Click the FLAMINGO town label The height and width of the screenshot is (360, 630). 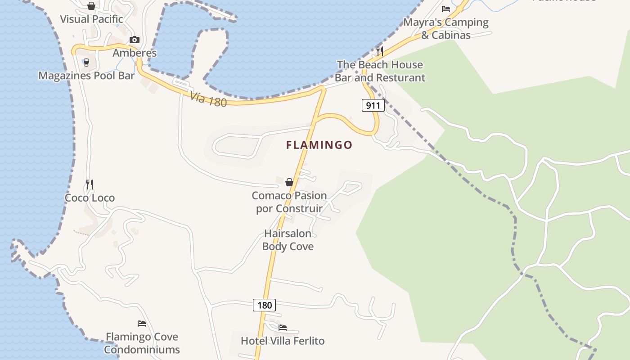pyautogui.click(x=319, y=145)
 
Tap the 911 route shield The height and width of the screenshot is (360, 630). pyautogui.click(x=373, y=106)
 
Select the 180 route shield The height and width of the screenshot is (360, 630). pyautogui.click(x=264, y=305)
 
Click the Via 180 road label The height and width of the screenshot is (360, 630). pyautogui.click(x=208, y=99)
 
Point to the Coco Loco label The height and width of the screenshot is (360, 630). pyautogui.click(x=90, y=198)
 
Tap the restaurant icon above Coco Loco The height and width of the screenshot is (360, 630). pyautogui.click(x=90, y=184)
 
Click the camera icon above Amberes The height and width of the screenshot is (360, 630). pyautogui.click(x=134, y=40)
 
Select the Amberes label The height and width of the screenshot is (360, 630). pyautogui.click(x=135, y=53)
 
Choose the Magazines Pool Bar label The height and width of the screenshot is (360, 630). pyautogui.click(x=86, y=76)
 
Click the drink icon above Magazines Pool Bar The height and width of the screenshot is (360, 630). pyautogui.click(x=86, y=62)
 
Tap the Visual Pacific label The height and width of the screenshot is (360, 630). pyautogui.click(x=91, y=19)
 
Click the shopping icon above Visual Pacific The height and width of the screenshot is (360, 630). pyautogui.click(x=91, y=6)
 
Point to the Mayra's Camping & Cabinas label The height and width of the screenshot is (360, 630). pyautogui.click(x=446, y=28)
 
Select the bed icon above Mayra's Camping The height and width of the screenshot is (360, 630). pyautogui.click(x=446, y=9)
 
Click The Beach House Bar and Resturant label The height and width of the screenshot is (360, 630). pyautogui.click(x=380, y=71)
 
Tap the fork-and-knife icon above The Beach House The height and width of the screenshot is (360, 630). pyautogui.click(x=380, y=51)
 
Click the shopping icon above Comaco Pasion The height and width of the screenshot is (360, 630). pyautogui.click(x=289, y=182)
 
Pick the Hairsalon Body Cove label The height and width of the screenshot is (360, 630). pyautogui.click(x=288, y=240)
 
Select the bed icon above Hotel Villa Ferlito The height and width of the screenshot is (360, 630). pyautogui.click(x=283, y=327)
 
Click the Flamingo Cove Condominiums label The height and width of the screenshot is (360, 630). pyautogui.click(x=142, y=343)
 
